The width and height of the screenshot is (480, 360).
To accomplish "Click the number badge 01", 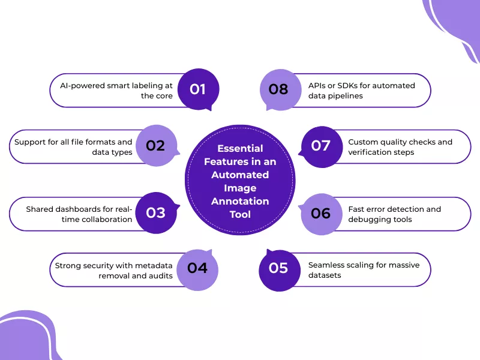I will point(198,89).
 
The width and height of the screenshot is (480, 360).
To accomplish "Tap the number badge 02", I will point(155,145).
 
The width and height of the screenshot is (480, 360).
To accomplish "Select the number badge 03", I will point(155,213).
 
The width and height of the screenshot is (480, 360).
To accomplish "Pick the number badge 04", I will point(197,268).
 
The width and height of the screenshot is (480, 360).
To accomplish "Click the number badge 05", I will point(278,268).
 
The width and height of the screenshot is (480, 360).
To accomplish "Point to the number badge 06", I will point(321,213).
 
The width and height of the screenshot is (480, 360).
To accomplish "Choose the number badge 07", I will point(321,145).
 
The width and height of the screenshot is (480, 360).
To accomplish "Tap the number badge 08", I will point(278,89).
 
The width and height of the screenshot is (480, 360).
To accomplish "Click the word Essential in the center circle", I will point(240,148).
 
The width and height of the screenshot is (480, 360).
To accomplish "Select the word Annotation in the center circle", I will point(240,202).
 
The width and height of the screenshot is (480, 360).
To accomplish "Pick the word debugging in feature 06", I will point(368,219).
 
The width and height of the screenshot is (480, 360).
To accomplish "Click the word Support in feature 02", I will point(28,142).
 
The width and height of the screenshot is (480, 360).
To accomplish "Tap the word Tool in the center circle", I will point(240,215).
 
